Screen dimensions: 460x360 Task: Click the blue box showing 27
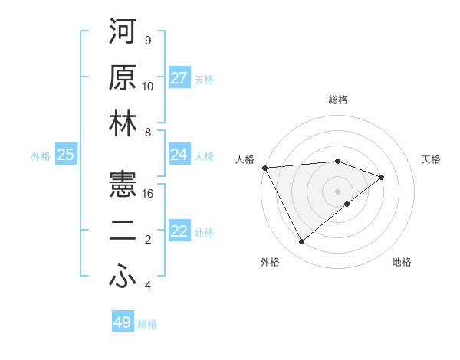pos(179,78)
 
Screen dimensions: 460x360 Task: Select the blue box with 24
pos(179,155)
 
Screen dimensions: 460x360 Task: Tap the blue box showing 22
pos(179,231)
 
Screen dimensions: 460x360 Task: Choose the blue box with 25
pos(66,155)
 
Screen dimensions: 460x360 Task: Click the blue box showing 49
pos(123,322)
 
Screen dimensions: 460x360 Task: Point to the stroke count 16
pos(149,194)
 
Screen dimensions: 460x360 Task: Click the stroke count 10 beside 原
pos(148,87)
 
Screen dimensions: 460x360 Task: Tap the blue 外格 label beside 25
pos(41,156)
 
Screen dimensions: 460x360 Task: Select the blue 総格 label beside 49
pos(147,324)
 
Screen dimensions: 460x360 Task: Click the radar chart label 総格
pos(338,100)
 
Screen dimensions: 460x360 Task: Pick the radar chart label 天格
pos(432,159)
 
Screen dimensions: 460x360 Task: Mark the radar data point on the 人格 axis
pos(264,168)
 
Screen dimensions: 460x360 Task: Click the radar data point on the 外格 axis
pos(301,242)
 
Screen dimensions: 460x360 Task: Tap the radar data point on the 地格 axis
pos(347,204)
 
